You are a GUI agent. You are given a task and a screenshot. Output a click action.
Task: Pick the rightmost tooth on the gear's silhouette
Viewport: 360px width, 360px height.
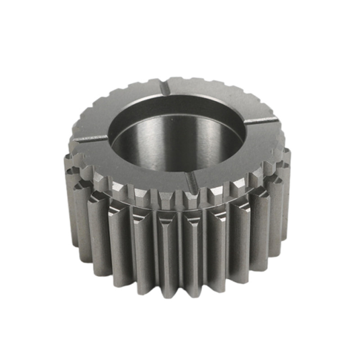click(x=286, y=180)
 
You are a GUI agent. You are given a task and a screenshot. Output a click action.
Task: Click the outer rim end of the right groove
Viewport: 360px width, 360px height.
click(x=274, y=118)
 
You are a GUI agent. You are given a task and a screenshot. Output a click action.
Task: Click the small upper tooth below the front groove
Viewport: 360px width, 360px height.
click(x=191, y=198)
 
